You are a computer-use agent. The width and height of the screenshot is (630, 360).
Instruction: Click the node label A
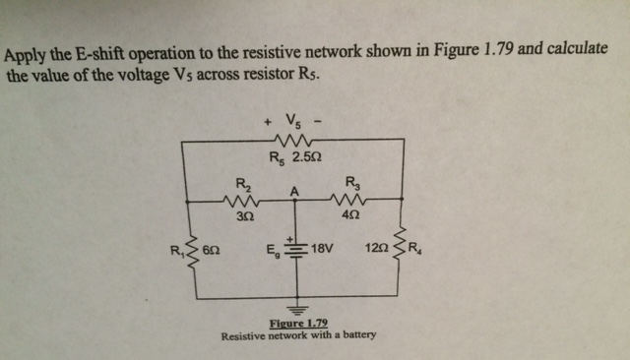click(x=294, y=190)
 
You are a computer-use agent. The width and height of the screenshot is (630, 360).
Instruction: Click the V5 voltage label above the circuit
click(x=292, y=123)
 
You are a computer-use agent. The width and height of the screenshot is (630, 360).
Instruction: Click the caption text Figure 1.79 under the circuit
click(x=298, y=324)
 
